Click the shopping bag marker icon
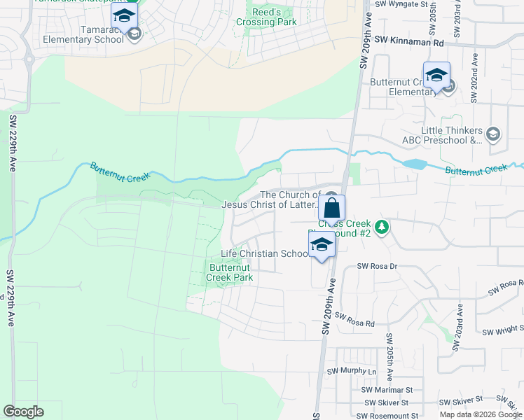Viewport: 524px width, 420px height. click(332, 208)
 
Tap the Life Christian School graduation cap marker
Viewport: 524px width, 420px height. click(322, 245)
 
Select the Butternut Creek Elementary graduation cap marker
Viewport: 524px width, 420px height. click(436, 76)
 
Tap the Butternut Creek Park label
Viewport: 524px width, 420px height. click(230, 272)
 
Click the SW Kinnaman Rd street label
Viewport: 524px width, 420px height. click(410, 43)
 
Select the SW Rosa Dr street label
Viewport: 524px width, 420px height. click(378, 266)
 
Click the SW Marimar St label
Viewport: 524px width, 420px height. click(387, 390)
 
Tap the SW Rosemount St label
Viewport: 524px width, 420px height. click(390, 415)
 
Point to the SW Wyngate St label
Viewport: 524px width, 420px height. click(401, 4)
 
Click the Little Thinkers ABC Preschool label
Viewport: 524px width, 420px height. click(452, 135)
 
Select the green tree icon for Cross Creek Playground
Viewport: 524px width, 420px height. click(381, 227)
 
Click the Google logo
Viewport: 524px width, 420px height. click(24, 412)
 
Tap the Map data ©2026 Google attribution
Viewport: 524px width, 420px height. click(481, 414)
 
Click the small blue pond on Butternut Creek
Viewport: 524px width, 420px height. click(415, 164)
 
